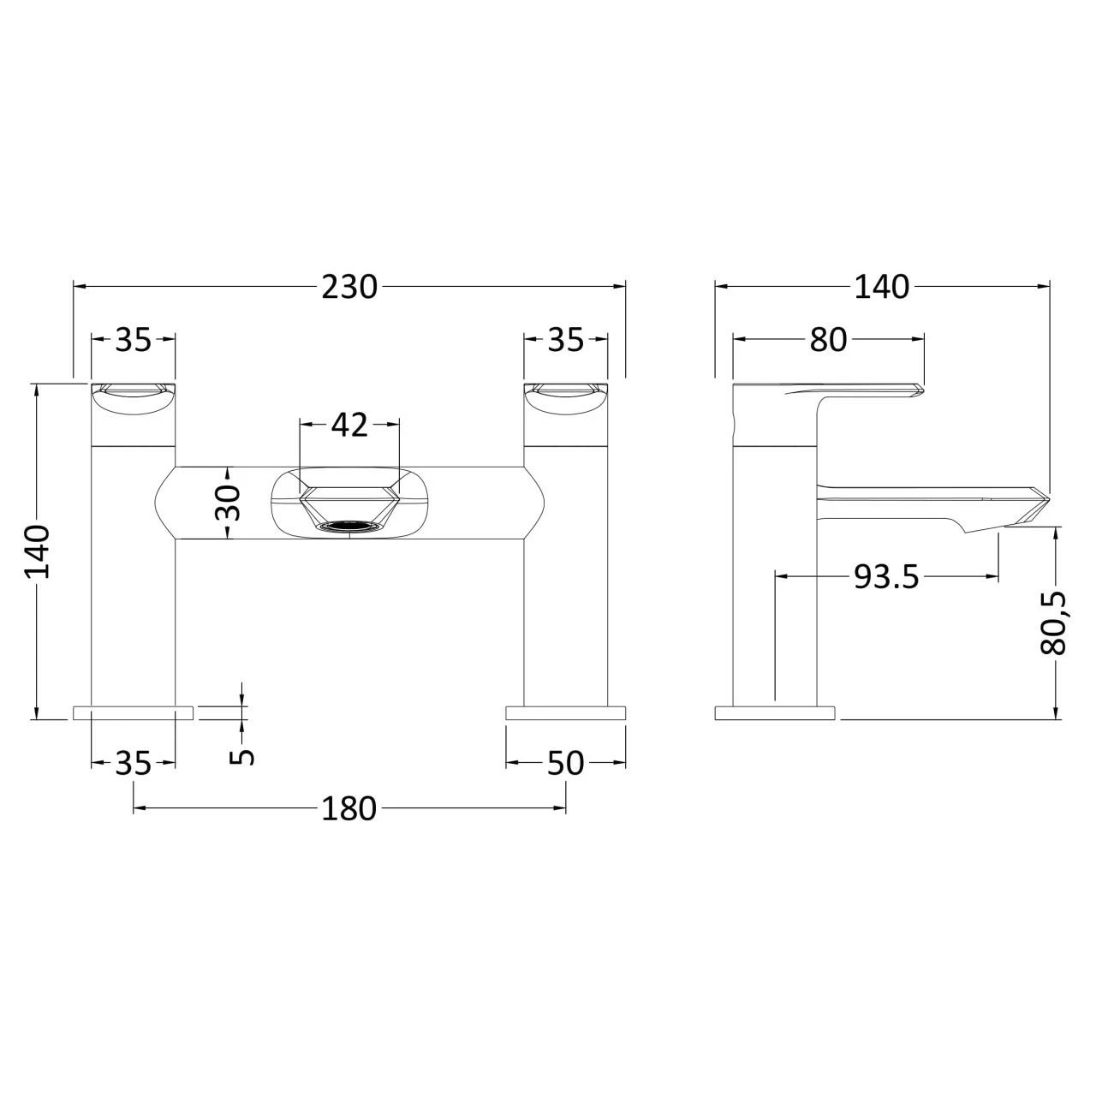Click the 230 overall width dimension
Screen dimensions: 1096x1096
(349, 287)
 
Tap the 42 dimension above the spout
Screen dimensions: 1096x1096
(348, 425)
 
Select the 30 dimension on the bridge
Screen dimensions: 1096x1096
(227, 503)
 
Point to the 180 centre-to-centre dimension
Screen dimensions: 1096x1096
(348, 807)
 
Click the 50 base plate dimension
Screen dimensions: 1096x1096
(565, 762)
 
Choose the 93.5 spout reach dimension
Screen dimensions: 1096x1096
(885, 578)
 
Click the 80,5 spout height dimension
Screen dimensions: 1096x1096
(1054, 623)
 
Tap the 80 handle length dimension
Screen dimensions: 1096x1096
(828, 340)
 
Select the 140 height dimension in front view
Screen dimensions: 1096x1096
(38, 551)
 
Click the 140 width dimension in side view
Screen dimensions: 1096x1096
(881, 287)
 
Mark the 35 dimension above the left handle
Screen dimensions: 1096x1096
(133, 340)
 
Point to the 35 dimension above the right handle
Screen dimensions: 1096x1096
(565, 340)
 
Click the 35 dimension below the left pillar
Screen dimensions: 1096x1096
(133, 762)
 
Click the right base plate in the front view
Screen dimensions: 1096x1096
(565, 712)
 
